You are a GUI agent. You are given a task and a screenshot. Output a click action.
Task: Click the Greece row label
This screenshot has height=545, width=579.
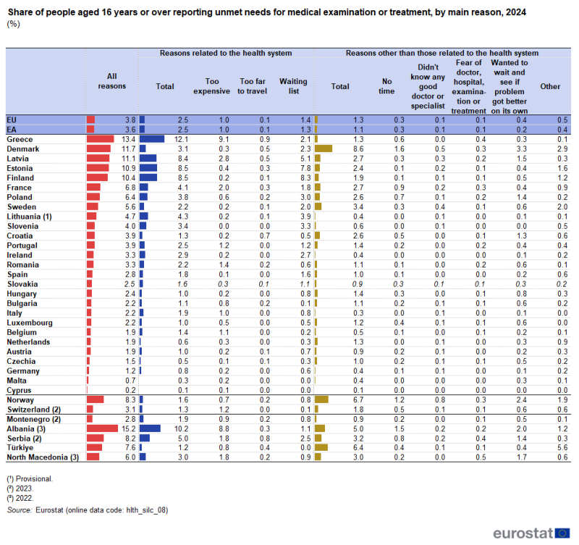[x=19, y=138]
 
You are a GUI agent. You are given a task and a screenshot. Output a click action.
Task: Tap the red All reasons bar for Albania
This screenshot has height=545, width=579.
[x=101, y=428]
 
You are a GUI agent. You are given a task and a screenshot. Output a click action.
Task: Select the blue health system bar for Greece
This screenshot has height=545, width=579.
[x=152, y=138]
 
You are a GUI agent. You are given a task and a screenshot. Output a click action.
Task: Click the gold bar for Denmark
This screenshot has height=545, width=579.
[x=323, y=148]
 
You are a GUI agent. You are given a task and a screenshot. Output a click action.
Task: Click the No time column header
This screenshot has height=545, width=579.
[x=386, y=86]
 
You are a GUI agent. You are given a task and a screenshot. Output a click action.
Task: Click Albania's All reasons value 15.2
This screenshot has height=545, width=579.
[x=128, y=428]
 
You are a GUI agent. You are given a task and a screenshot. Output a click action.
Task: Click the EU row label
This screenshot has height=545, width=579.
[x=12, y=119]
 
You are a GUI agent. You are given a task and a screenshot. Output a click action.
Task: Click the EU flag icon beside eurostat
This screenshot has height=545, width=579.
[x=562, y=533]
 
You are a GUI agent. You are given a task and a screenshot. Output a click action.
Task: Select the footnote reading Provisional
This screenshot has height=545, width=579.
[x=34, y=478]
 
